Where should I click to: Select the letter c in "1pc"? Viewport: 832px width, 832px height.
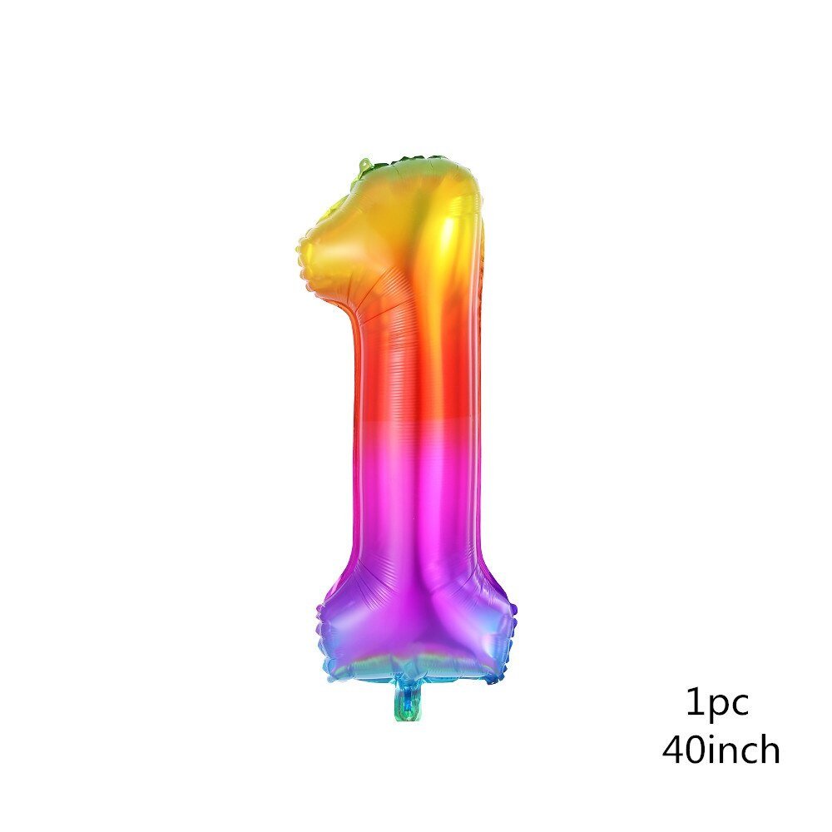(739, 704)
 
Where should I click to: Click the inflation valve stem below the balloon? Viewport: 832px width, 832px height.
(408, 702)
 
